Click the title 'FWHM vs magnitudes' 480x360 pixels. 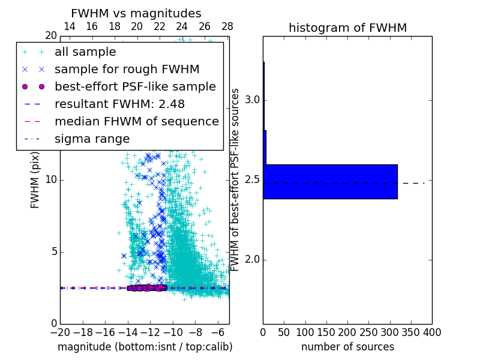(136, 13)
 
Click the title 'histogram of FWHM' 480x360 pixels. (347, 28)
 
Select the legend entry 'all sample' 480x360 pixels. (85, 52)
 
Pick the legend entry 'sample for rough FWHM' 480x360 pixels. (127, 69)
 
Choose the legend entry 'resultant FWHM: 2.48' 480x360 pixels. (120, 104)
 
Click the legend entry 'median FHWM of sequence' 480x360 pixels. (136, 121)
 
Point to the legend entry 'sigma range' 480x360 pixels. (92, 139)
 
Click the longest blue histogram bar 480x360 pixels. (330, 181)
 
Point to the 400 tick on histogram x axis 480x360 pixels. (432, 332)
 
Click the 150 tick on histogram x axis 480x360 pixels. (326, 332)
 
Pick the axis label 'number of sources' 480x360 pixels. (347, 347)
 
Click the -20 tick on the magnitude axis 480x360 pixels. (60, 332)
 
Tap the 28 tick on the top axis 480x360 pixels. (227, 26)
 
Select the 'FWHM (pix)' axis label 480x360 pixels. (35, 179)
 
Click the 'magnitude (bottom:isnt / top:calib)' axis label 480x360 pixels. (145, 347)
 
